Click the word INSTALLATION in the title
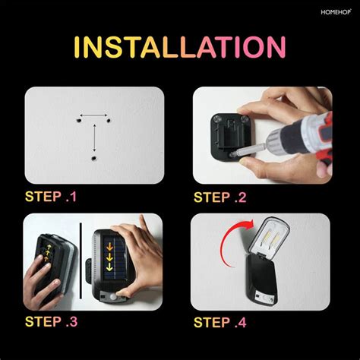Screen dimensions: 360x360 pyautogui.click(x=180, y=47)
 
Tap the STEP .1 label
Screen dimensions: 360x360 pyautogui.click(x=51, y=197)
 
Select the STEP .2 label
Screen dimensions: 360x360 pyautogui.click(x=220, y=197)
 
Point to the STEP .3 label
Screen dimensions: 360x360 pyautogui.click(x=51, y=321)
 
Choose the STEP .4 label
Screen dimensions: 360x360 pyautogui.click(x=220, y=321)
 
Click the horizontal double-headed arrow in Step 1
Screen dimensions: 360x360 pyautogui.click(x=93, y=116)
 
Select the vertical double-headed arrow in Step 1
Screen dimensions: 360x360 pyautogui.click(x=93, y=138)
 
